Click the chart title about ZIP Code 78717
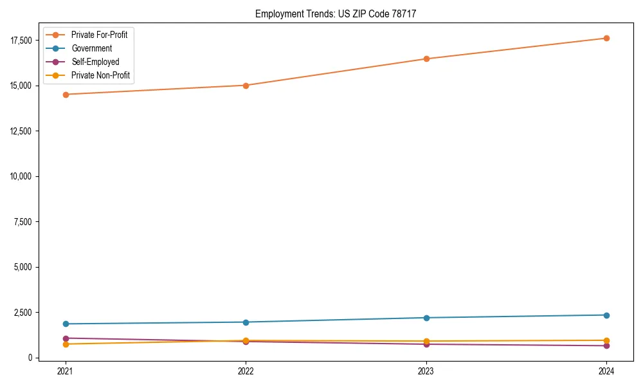pyautogui.click(x=340, y=14)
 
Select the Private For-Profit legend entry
pyautogui.click(x=99, y=35)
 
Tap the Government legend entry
pyautogui.click(x=91, y=48)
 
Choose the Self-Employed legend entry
pyautogui.click(x=95, y=62)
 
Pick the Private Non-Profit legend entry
pyautogui.click(x=100, y=75)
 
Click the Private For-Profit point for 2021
pyautogui.click(x=65, y=95)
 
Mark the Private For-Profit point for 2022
pyautogui.click(x=246, y=86)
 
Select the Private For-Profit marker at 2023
pyautogui.click(x=426, y=59)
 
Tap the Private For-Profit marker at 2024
pyautogui.click(x=606, y=38)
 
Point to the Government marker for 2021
pyautogui.click(x=65, y=324)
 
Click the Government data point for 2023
pyautogui.click(x=426, y=318)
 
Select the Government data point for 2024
pyautogui.click(x=606, y=315)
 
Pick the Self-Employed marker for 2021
pyautogui.click(x=65, y=338)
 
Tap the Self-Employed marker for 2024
pyautogui.click(x=606, y=346)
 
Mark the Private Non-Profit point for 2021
pyautogui.click(x=65, y=344)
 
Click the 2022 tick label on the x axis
pyautogui.click(x=246, y=371)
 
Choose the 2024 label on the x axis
pyautogui.click(x=606, y=371)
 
